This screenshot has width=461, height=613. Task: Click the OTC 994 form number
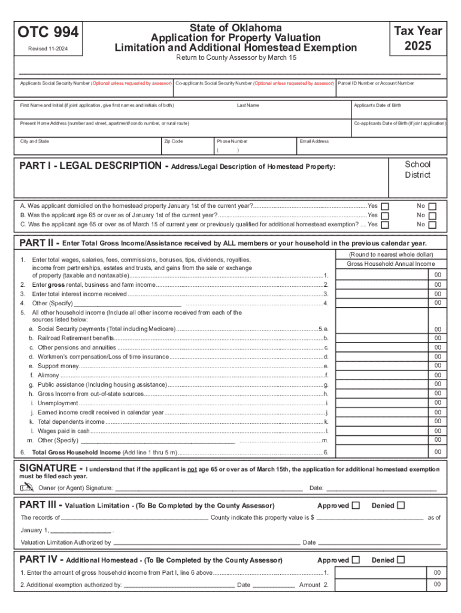pos(48,32)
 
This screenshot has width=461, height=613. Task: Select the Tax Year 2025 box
pos(418,38)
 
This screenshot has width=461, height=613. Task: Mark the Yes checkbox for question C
pos(385,225)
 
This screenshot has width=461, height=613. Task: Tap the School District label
pos(417,169)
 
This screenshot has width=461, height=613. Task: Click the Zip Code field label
pos(173,141)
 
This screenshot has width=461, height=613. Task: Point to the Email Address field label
pos(314,141)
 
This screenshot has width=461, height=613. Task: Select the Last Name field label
pos(248,105)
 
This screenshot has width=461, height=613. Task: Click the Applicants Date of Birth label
pos(378,105)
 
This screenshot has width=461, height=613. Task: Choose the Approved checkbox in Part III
pos(356,506)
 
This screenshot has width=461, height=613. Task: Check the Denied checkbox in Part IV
pos(401,560)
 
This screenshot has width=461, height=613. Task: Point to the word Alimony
pos(48,375)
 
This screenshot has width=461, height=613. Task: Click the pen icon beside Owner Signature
pos(27,488)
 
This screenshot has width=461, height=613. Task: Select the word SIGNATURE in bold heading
pos(48,468)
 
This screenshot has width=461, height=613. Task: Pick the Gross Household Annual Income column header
pos(391,264)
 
